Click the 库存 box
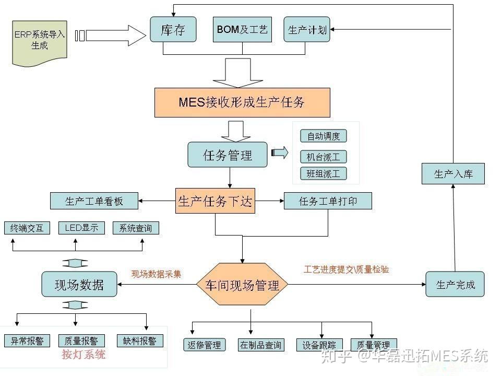[x=174, y=29]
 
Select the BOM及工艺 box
[x=242, y=29]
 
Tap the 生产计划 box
[x=307, y=29]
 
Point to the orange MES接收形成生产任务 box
[x=242, y=102]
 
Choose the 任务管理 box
[x=228, y=155]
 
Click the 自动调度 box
[x=324, y=136]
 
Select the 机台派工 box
[x=324, y=157]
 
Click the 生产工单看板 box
[x=94, y=201]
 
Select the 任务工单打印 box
[x=328, y=201]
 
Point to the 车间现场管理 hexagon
[x=242, y=285]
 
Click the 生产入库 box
[x=453, y=174]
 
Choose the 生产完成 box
[x=455, y=285]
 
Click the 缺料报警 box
[x=140, y=341]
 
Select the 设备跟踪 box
[x=319, y=345]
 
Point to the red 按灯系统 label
[x=83, y=355]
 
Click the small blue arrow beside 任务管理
[x=280, y=152]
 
